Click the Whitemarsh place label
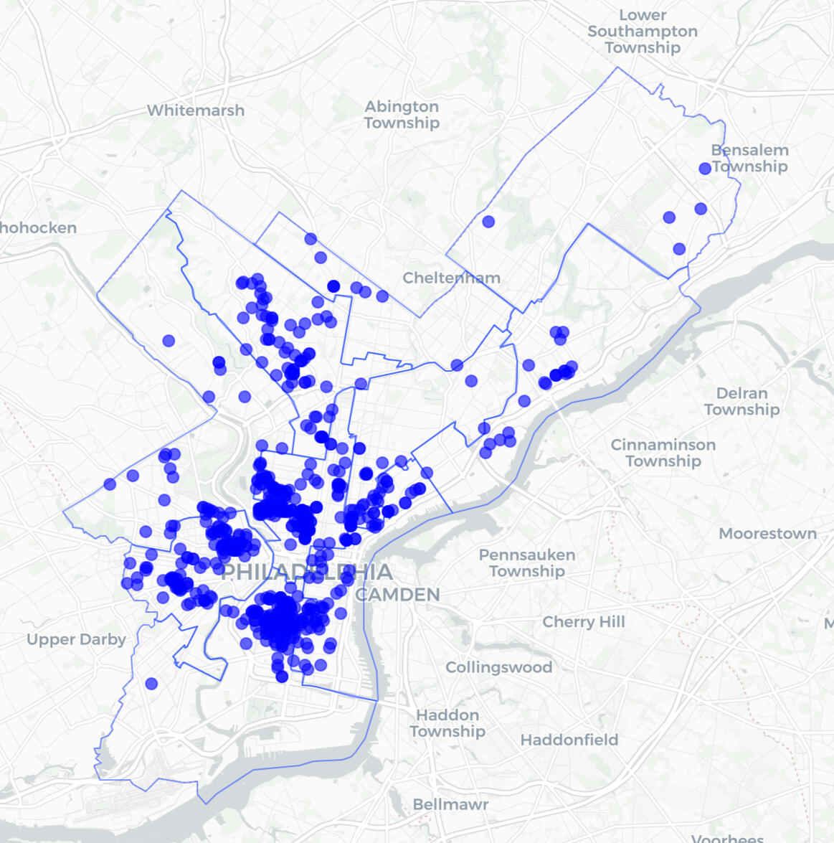click(196, 110)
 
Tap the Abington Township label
click(402, 115)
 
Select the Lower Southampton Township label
click(643, 32)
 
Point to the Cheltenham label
click(451, 278)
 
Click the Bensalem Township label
click(750, 158)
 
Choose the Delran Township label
click(741, 401)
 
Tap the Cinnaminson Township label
click(663, 453)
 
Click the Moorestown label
click(767, 534)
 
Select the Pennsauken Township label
click(527, 563)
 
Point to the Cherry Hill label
click(584, 622)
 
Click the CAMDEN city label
click(397, 595)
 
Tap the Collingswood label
click(498, 667)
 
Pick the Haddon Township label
click(447, 723)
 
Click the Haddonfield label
click(569, 740)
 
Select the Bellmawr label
click(450, 804)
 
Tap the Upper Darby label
click(76, 639)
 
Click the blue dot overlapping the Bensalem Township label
click(705, 168)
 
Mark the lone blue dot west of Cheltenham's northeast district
click(488, 222)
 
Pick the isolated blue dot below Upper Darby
click(151, 684)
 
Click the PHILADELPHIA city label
click(307, 572)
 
